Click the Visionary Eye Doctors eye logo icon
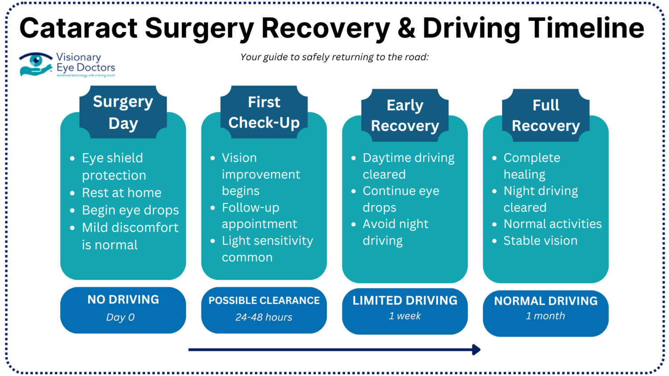click(36, 64)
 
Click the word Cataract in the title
click(78, 28)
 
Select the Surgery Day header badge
click(123, 112)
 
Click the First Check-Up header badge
click(264, 112)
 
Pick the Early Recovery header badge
click(405, 115)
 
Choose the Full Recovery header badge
click(545, 115)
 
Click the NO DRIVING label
click(123, 300)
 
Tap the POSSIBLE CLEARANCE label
click(264, 301)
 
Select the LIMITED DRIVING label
click(405, 301)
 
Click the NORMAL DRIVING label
click(545, 301)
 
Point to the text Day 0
click(120, 317)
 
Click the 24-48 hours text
click(264, 317)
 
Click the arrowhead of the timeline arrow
click(476, 350)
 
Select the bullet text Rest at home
click(121, 193)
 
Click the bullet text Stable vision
click(540, 241)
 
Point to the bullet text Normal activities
click(552, 224)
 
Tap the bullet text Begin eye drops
click(130, 210)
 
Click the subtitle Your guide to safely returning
click(334, 57)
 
